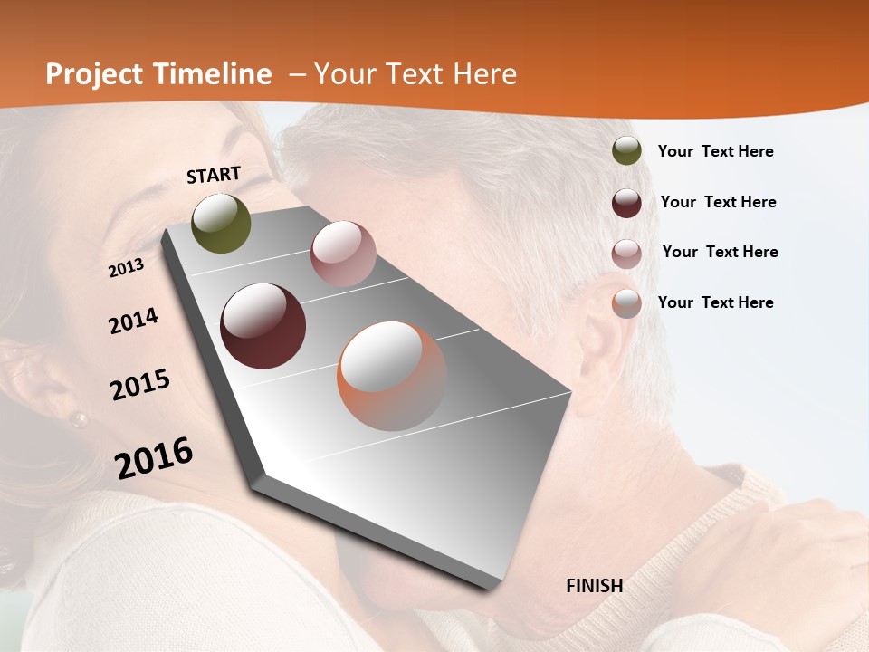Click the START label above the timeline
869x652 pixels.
coord(214,175)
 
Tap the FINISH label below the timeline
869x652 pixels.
coord(595,586)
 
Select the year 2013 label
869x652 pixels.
coord(127,267)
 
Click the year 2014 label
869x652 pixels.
coord(133,321)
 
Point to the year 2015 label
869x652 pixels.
coord(140,385)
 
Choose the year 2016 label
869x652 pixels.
coord(154,457)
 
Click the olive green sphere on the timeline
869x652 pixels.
coord(222,224)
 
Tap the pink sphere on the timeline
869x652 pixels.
coord(343,254)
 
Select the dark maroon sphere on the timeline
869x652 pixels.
coord(263,326)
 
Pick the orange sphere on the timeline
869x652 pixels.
coord(392,376)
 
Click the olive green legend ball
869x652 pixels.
coord(626,151)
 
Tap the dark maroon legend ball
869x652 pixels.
coord(626,202)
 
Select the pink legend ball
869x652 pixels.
coord(626,253)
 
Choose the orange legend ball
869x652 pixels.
coord(626,302)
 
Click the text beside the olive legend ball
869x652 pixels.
coord(715,151)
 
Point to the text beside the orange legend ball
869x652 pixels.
coord(715,302)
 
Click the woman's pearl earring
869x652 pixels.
coord(80,419)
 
